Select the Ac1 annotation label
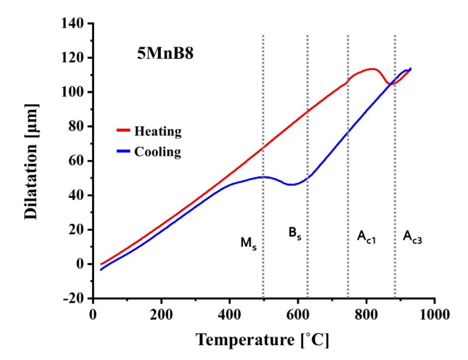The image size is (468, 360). point(366,236)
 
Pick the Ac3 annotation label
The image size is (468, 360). point(413,236)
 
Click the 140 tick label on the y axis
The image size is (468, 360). point(73,23)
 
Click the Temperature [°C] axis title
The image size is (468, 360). point(262,340)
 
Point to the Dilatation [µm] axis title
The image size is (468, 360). point(33,161)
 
